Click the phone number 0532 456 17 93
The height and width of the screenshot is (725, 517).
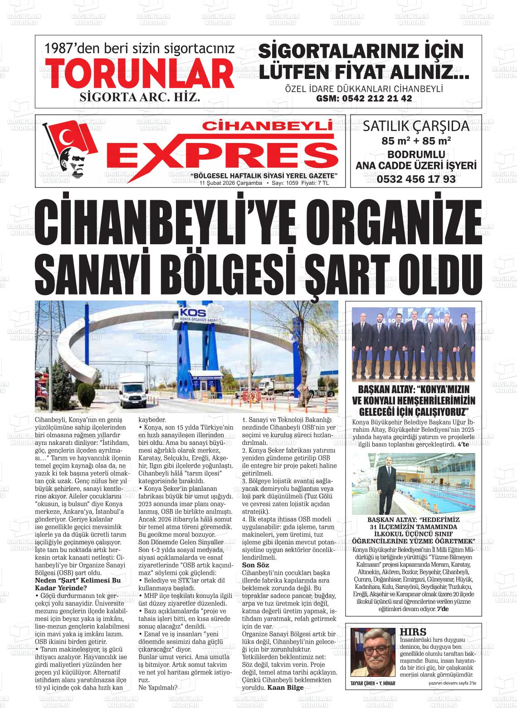[416, 179]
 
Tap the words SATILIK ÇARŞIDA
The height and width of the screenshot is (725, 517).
[416, 125]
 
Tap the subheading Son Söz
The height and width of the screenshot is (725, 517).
[256, 565]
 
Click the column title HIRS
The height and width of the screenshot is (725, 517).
[413, 632]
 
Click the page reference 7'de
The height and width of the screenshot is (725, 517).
[442, 608]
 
